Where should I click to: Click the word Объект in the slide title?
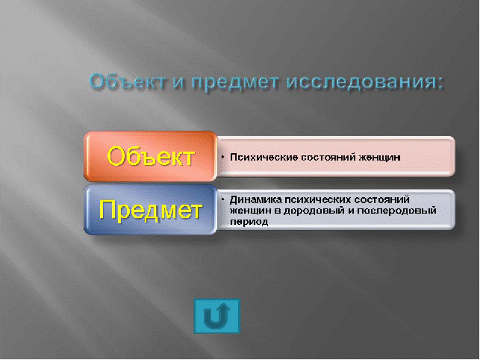[128, 81]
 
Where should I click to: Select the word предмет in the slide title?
[236, 82]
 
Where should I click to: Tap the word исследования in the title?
[361, 82]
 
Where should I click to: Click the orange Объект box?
[150, 156]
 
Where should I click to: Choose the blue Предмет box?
[150, 210]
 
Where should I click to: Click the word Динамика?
[255, 199]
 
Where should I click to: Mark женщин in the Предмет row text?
[251, 211]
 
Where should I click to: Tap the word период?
[249, 222]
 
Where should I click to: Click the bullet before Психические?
[223, 157]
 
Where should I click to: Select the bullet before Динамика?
[223, 200]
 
